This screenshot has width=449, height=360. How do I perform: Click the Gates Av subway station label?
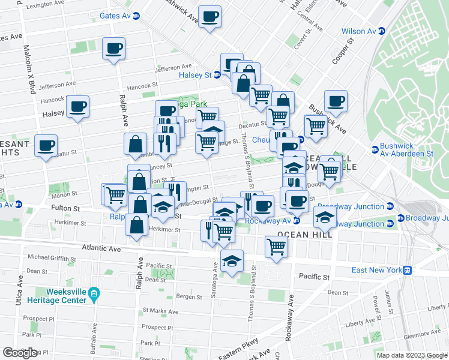(x=116, y=16)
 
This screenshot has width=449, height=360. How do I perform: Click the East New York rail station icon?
(x=407, y=270)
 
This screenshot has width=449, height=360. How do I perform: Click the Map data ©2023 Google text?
(x=411, y=355)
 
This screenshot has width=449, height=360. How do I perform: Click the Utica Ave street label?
(x=20, y=287)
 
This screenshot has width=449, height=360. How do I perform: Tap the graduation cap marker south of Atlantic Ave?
(x=232, y=261)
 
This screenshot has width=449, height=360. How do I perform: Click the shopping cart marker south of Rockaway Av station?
(x=276, y=245)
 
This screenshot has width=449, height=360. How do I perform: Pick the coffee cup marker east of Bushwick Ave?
(x=336, y=100)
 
